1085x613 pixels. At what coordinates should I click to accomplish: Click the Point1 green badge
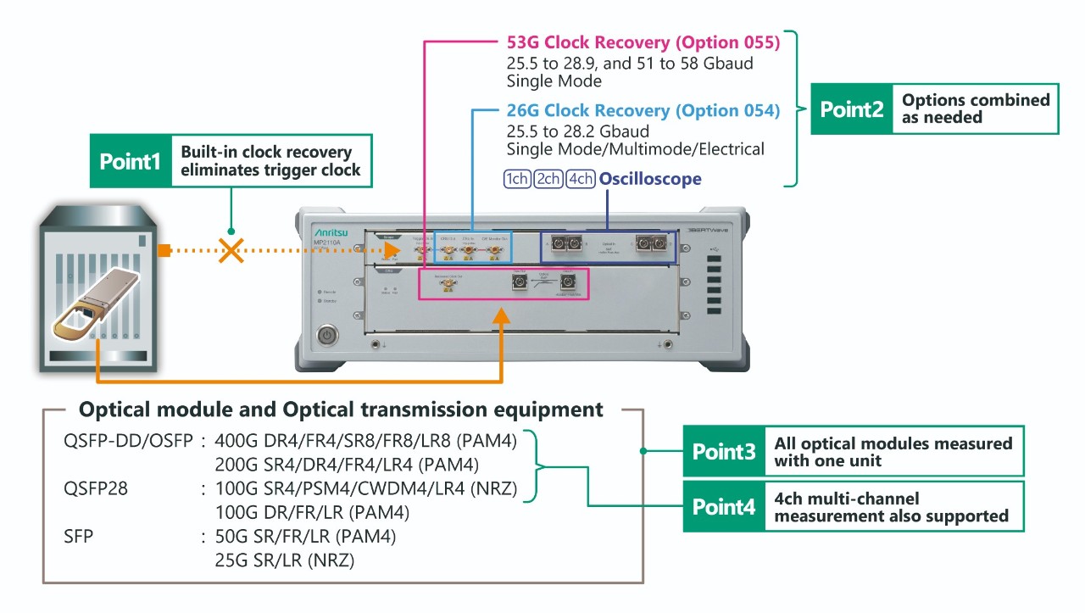pos(131,161)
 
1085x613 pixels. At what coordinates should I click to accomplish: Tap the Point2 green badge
pos(852,109)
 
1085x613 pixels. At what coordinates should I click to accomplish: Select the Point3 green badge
pos(724,451)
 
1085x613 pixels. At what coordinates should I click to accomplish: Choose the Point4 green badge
pos(724,506)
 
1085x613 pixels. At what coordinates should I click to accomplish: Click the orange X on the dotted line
pos(231,250)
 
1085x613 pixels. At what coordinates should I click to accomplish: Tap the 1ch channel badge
pos(516,180)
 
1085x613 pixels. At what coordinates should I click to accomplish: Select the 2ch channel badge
pos(548,180)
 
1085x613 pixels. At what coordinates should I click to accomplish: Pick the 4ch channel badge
pos(580,180)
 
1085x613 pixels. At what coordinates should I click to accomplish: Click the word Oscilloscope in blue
pos(650,180)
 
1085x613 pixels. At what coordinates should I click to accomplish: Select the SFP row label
pos(77,536)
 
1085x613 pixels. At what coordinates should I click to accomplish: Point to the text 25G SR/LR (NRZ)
pos(285,560)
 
